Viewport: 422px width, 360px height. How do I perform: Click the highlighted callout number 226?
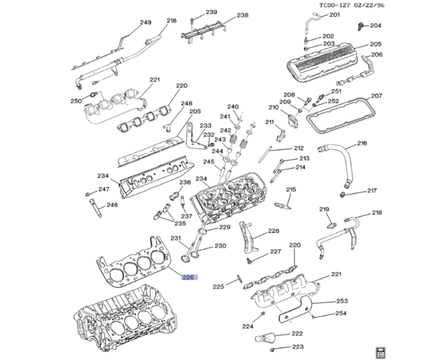(188, 278)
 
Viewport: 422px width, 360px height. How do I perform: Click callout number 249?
(146, 22)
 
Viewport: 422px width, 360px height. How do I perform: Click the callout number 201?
(334, 15)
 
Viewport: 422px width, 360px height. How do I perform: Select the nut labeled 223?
(272, 349)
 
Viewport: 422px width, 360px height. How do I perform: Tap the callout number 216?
(362, 143)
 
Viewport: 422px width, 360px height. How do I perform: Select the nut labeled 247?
(88, 194)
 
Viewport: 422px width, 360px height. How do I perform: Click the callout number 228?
(274, 231)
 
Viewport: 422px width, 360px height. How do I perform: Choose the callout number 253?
(342, 301)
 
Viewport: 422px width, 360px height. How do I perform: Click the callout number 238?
(242, 15)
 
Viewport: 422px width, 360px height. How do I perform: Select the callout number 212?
(299, 148)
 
